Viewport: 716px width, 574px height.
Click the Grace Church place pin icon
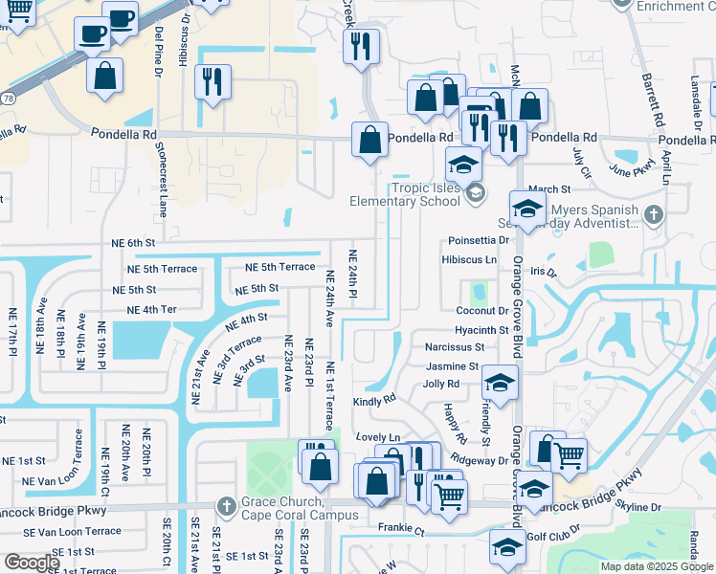point(226,504)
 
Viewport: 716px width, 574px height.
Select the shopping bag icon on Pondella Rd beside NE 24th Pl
point(369,142)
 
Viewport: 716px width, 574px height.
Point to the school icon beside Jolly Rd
point(499,384)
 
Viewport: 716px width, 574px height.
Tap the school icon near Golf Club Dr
point(506,547)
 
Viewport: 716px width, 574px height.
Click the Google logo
point(32,563)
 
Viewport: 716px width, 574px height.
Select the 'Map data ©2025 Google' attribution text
point(656,566)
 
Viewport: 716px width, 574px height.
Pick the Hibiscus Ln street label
point(469,259)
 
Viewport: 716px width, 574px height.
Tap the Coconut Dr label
point(481,311)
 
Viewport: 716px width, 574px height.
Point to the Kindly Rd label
point(374,401)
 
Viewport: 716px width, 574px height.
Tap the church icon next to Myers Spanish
point(654,214)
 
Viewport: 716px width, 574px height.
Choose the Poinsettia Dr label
point(477,240)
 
